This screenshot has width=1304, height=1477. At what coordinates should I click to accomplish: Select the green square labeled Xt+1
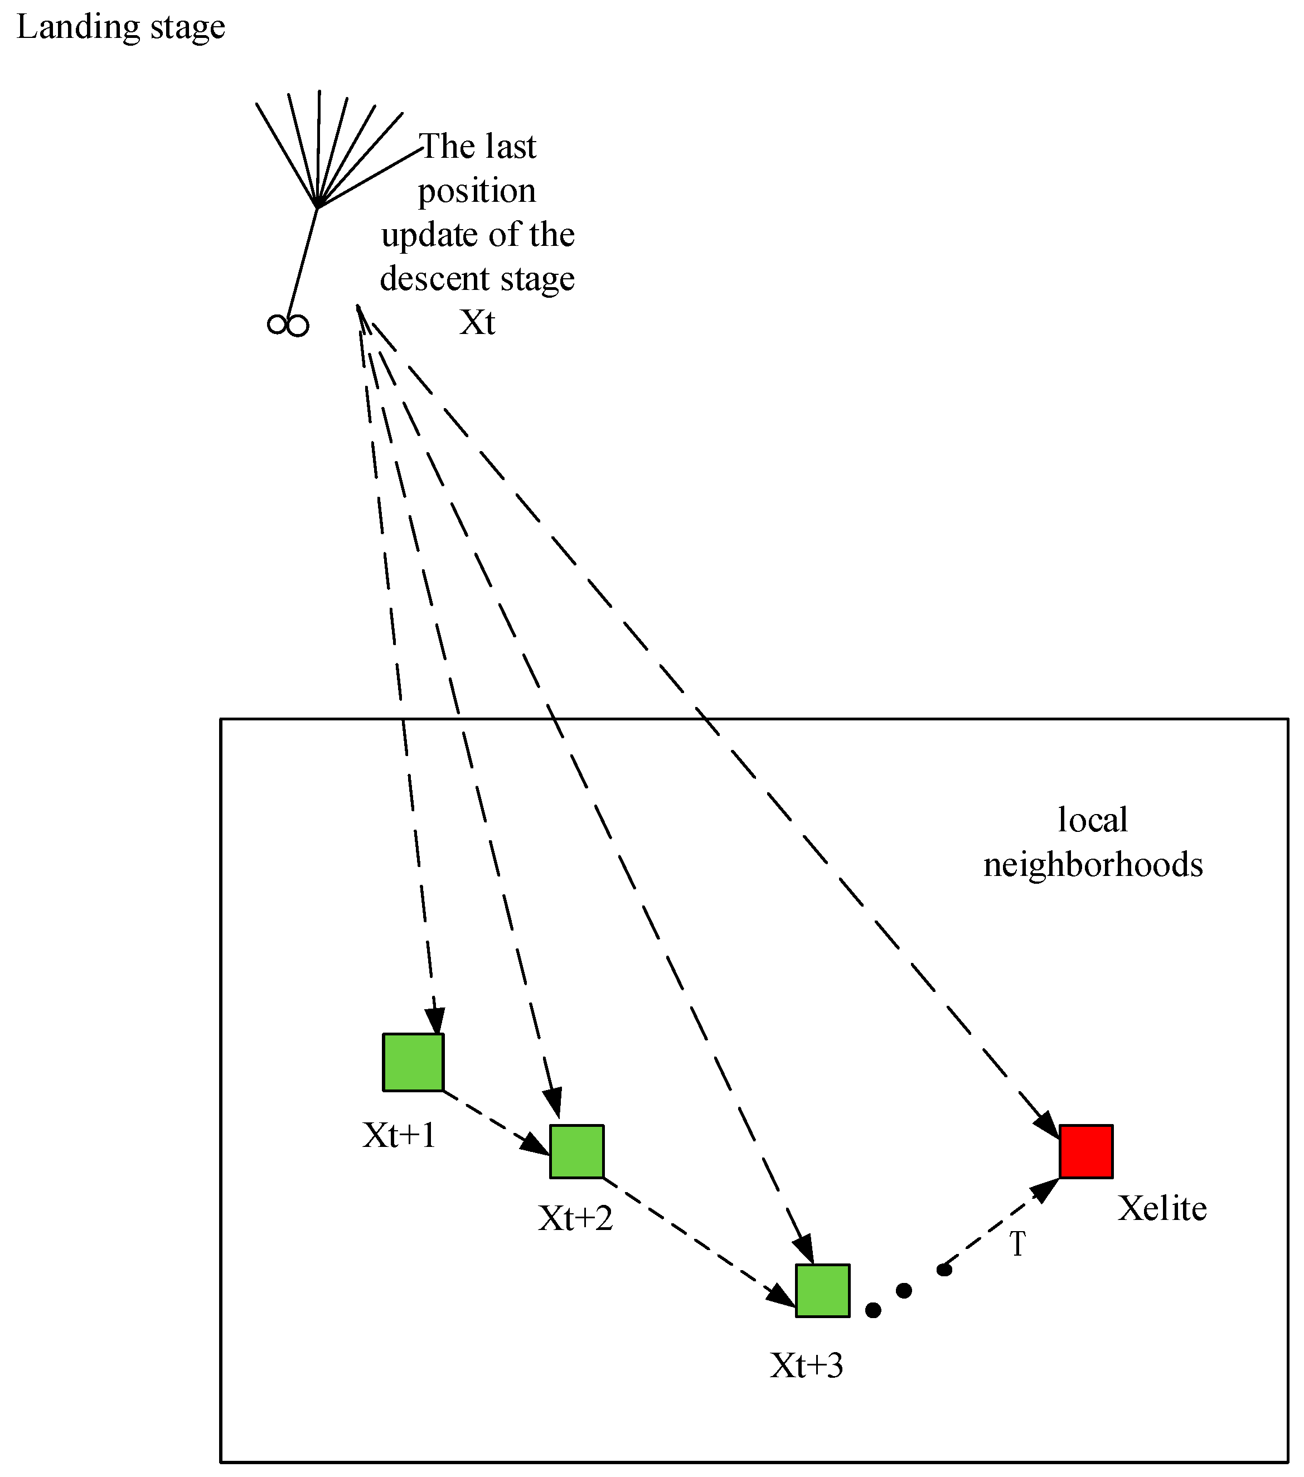pos(413,1062)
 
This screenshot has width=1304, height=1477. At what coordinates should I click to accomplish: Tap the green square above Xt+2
pos(576,1151)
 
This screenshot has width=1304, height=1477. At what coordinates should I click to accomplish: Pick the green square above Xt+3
pos(822,1291)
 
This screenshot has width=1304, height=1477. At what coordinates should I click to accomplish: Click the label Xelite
pos(1162,1209)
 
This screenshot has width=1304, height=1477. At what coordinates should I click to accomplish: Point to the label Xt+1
pos(399,1135)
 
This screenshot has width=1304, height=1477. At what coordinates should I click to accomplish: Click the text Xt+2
pos(575,1219)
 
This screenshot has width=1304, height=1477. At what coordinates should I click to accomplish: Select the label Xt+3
pos(806,1365)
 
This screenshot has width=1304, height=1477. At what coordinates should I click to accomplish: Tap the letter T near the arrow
pos(1017,1244)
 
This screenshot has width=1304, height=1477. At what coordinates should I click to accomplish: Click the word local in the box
pos(1092,820)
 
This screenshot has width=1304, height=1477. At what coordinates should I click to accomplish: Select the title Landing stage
pos(120,27)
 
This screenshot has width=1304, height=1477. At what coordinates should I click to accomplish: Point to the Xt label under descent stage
pos(477,322)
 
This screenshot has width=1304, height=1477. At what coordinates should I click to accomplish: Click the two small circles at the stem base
pos(288,325)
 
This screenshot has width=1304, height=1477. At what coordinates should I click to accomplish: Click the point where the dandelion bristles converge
pos(318,207)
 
